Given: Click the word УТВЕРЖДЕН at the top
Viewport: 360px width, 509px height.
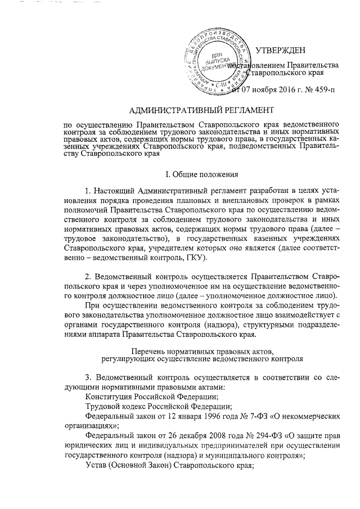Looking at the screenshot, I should click(x=285, y=51).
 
